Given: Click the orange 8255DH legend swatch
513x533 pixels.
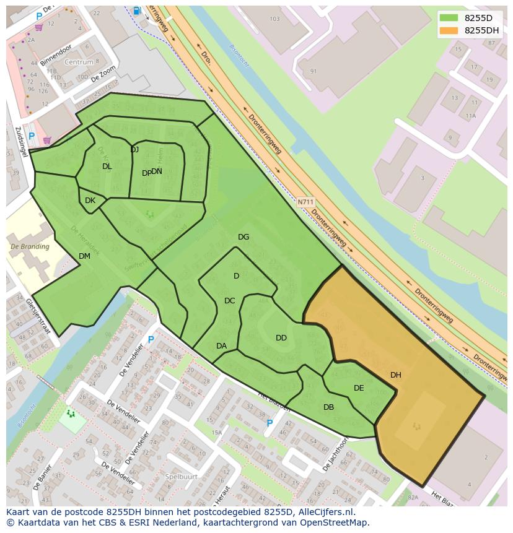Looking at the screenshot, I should tap(450, 30).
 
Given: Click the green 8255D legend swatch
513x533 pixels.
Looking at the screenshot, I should tap(450, 18).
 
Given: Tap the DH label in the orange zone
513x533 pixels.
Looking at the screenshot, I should tap(395, 375).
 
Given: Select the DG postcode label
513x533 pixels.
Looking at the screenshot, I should tap(243, 237).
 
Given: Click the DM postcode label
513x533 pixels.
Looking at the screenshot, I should tap(84, 256).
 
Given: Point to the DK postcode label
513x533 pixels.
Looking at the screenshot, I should tap(90, 201).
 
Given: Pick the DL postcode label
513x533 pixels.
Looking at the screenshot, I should tap(107, 167).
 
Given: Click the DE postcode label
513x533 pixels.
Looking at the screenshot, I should tap(359, 388).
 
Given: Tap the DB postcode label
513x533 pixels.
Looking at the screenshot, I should tap(328, 407).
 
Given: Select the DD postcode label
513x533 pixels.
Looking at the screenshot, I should tap(281, 338).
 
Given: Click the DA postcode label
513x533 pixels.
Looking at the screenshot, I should tap(221, 346).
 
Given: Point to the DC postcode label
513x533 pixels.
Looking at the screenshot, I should tap(229, 301).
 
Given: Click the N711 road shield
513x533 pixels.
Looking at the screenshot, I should tap(305, 202).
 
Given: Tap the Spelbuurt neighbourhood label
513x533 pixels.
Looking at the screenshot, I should tap(181, 477).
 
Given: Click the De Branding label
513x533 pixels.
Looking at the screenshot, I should tap(30, 246).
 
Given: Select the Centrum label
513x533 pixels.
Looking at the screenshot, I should tap(79, 63).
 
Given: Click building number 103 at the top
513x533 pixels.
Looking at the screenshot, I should tap(275, 19).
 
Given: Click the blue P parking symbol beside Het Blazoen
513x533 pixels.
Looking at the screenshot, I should tap(269, 423).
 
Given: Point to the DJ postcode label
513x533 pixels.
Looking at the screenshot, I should tap(134, 150).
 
